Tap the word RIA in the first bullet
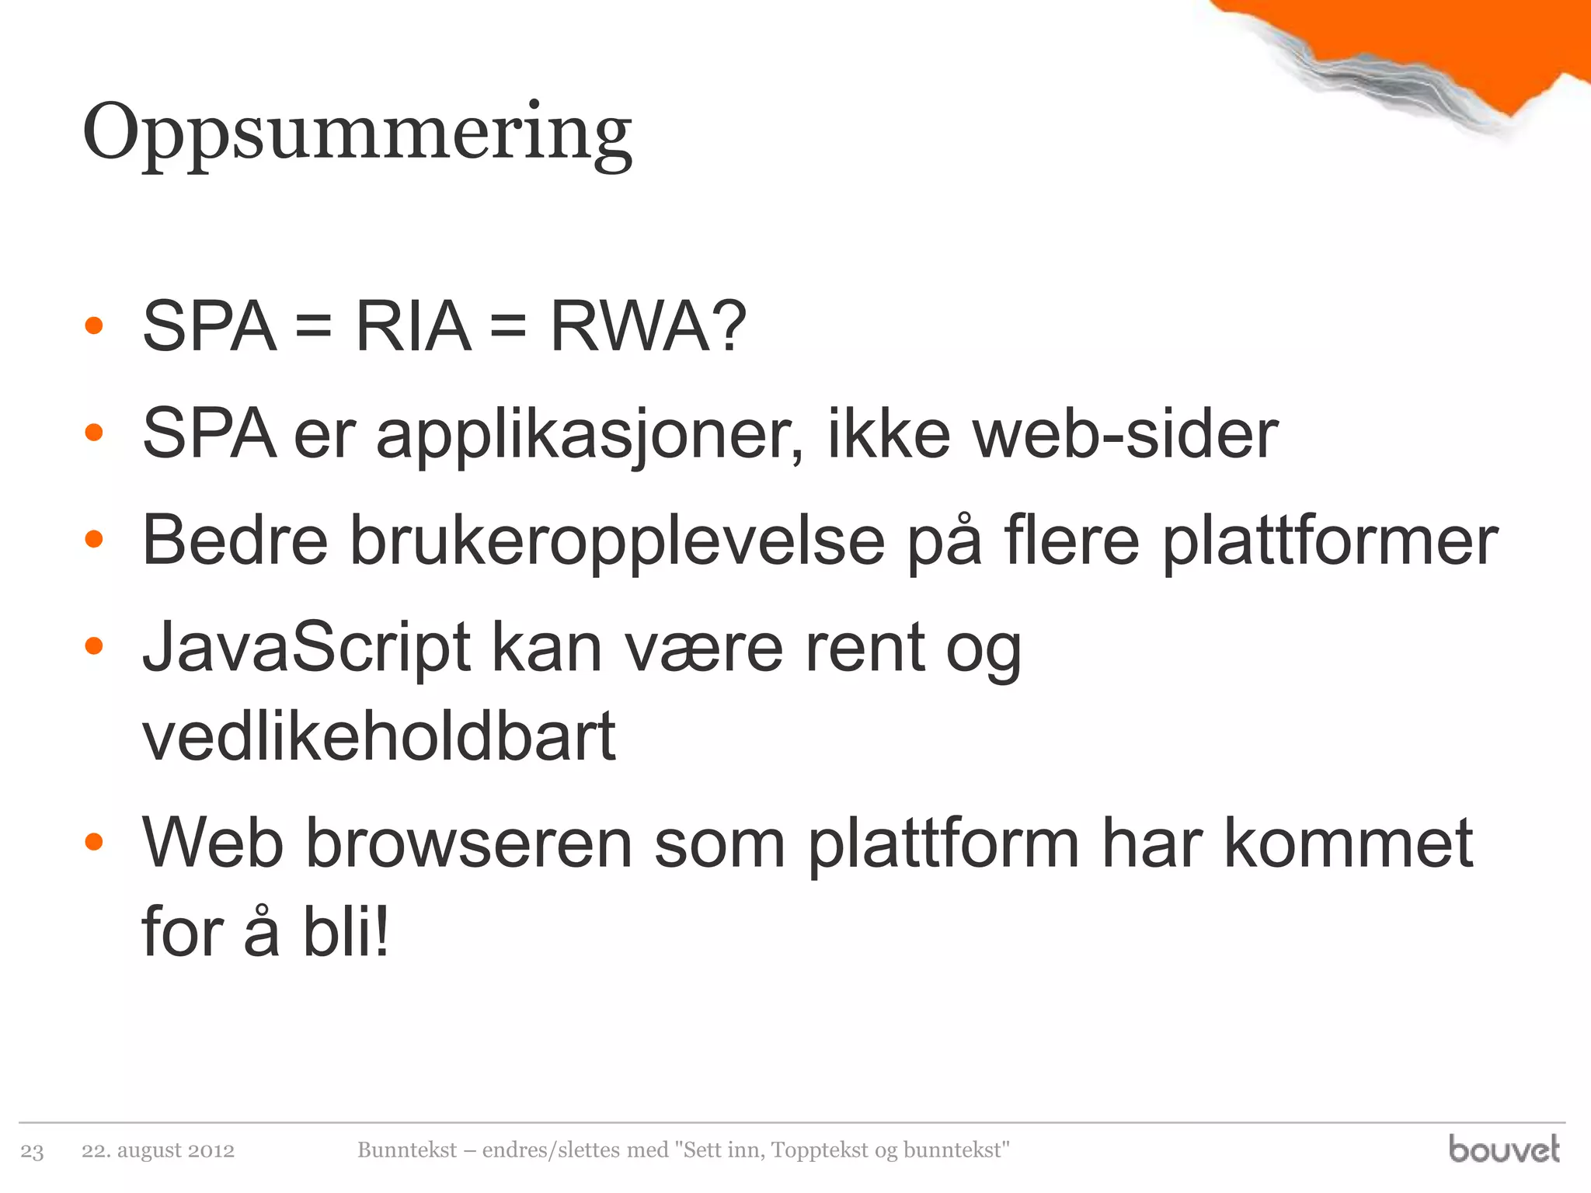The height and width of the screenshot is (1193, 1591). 413,327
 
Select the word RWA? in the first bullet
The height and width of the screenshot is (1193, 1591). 648,327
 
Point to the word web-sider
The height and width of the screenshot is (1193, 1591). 1126,435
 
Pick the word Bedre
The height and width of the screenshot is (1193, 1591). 235,541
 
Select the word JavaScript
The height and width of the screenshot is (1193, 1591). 307,649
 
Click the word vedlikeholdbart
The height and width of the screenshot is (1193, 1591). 379,736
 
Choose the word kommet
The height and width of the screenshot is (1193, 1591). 1349,844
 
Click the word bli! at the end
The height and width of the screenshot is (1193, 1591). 346,932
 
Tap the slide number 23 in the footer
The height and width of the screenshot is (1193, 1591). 32,1151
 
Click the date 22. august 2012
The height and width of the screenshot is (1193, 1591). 158,1150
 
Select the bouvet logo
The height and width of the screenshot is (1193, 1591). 1503,1149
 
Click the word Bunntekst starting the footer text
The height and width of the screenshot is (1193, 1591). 407,1150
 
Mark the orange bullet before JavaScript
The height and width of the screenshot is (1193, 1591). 94,646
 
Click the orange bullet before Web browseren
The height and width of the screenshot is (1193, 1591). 94,842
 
